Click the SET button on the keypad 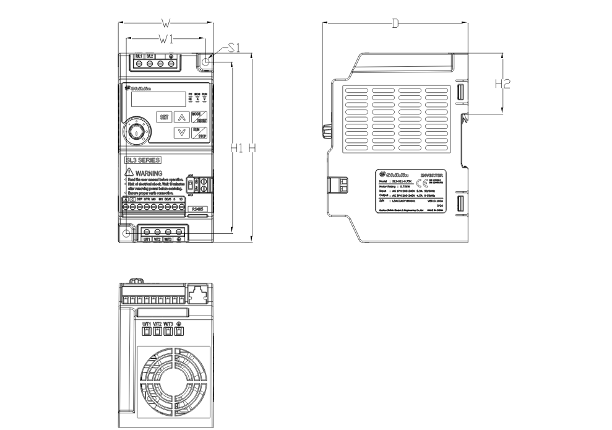click(165, 116)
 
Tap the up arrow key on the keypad click(181, 116)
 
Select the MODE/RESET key click(199, 116)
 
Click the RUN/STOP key click(199, 132)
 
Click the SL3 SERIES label click(143, 160)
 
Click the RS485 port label click(196, 210)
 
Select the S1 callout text click(234, 48)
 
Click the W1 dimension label click(165, 40)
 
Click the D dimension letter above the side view click(395, 24)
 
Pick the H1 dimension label click(235, 148)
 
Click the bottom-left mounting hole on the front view click(127, 233)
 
